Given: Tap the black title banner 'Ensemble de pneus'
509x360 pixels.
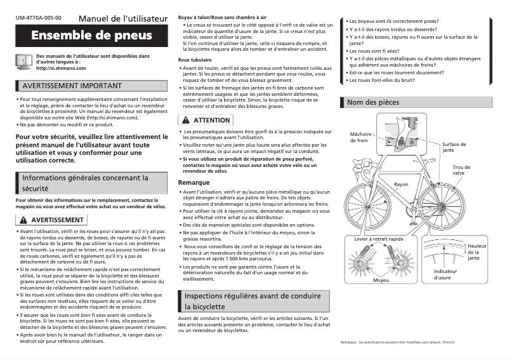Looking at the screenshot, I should (91, 35).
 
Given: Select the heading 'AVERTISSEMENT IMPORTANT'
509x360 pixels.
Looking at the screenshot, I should (71, 86).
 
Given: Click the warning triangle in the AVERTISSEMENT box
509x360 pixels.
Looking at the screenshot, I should (23, 220).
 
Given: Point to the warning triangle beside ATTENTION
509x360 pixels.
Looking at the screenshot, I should (185, 120).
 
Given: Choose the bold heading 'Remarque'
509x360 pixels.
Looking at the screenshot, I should (194, 182).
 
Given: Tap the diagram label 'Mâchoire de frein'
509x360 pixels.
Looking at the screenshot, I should (359, 137).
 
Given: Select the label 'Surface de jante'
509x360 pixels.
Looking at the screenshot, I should (454, 147).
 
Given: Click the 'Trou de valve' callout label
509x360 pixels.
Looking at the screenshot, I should (476, 170).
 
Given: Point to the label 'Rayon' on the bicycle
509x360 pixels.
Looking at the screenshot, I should (401, 184).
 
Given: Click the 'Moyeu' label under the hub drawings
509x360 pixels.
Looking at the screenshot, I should (381, 279).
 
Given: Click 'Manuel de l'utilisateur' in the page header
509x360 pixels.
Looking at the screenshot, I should (124, 16).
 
